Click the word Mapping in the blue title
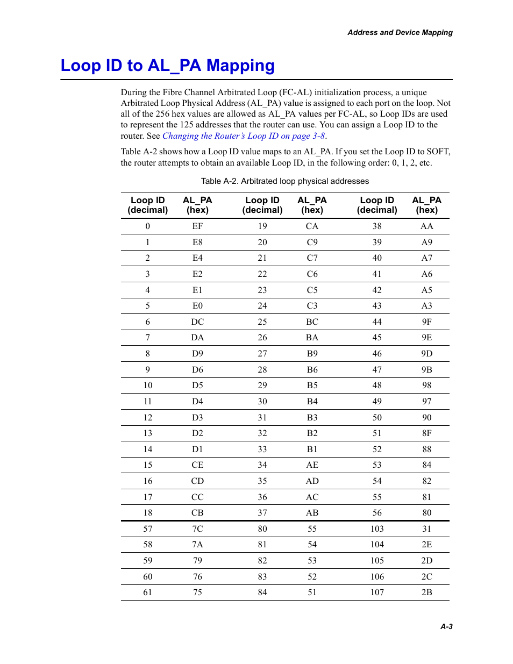click(240, 66)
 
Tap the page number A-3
click(446, 626)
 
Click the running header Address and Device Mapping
click(400, 32)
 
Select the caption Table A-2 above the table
click(284, 181)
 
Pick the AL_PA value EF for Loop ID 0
click(197, 226)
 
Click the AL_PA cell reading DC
click(197, 322)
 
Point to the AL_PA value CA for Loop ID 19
click(312, 226)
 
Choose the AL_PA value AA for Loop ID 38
click(426, 226)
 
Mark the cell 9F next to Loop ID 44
click(426, 322)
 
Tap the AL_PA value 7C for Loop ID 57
click(197, 529)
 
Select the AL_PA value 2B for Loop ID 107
click(426, 592)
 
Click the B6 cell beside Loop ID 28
click(312, 370)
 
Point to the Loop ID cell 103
click(377, 529)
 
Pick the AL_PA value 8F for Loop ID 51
click(426, 433)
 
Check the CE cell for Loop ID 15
click(197, 465)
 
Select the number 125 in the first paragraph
click(187, 125)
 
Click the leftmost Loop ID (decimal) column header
click(148, 205)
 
